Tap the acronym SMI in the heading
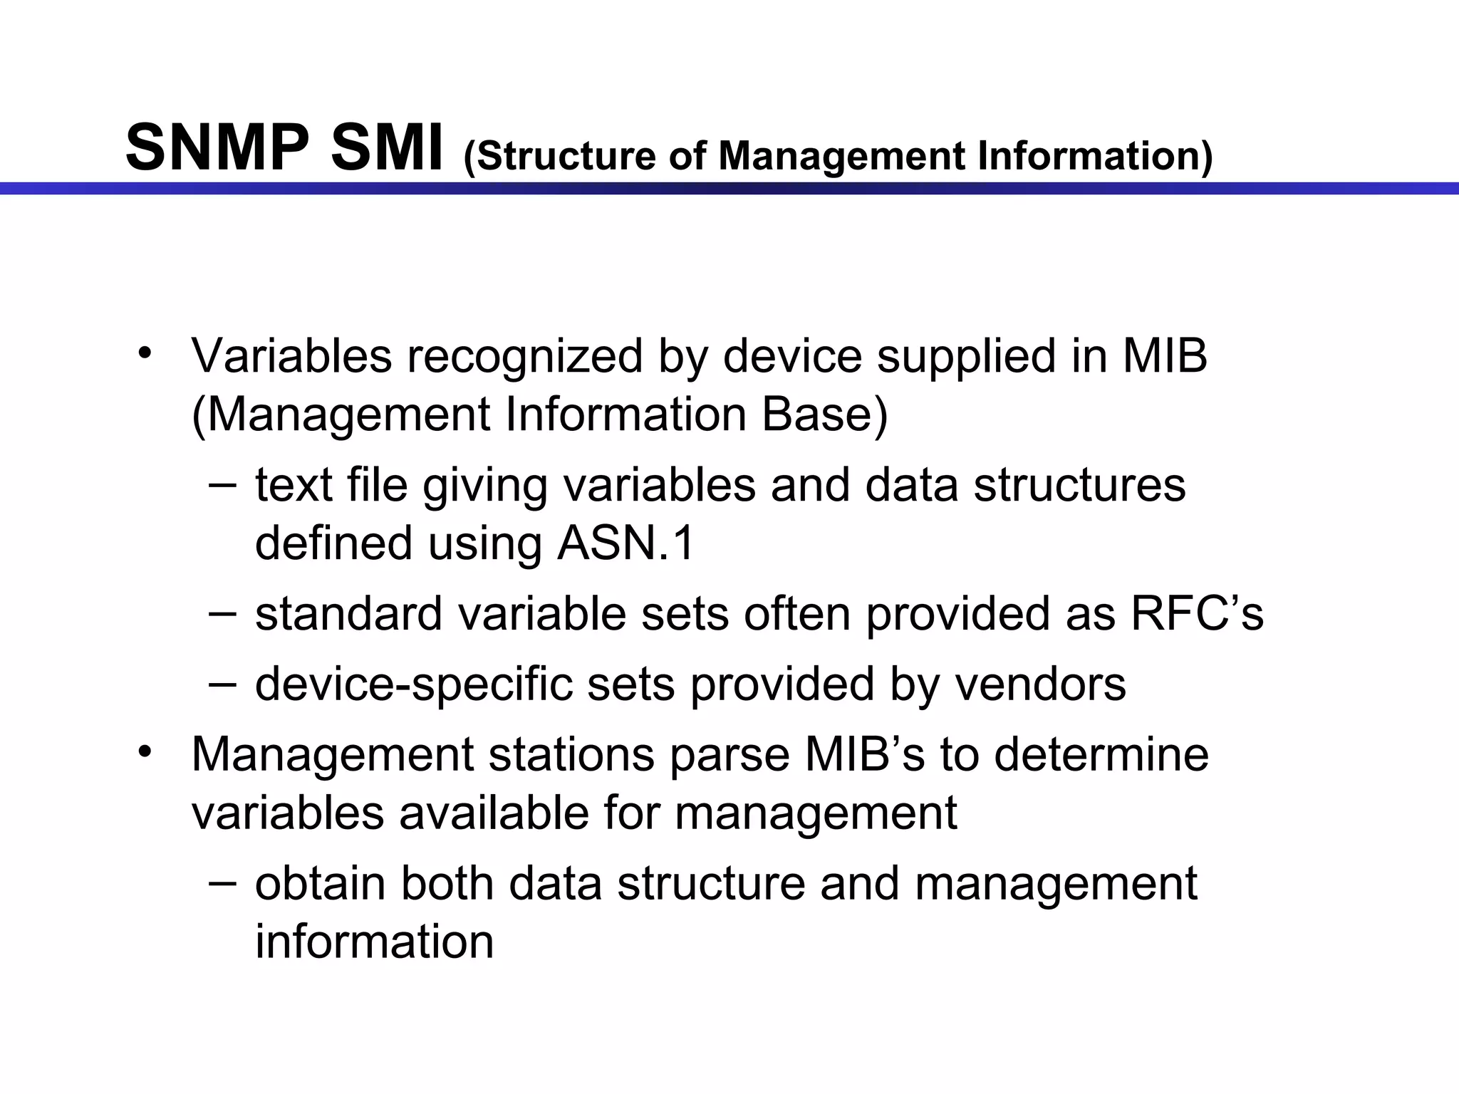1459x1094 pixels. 387,148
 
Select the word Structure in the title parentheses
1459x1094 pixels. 559,157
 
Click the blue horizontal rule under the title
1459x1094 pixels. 729,188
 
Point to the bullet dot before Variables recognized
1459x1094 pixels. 145,353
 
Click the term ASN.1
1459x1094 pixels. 625,543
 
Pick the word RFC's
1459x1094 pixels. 1197,614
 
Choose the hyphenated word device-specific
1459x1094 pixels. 413,684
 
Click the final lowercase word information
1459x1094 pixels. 374,942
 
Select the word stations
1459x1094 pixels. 571,755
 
